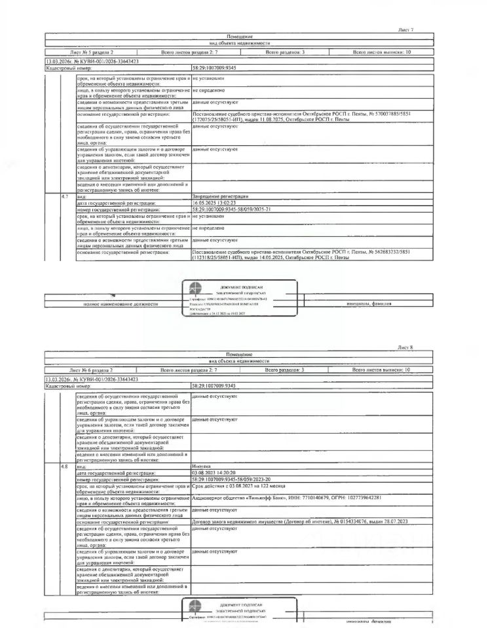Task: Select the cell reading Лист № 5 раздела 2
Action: tap(91, 51)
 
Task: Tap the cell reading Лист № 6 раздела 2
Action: tap(91, 370)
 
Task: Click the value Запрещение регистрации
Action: tap(220, 196)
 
